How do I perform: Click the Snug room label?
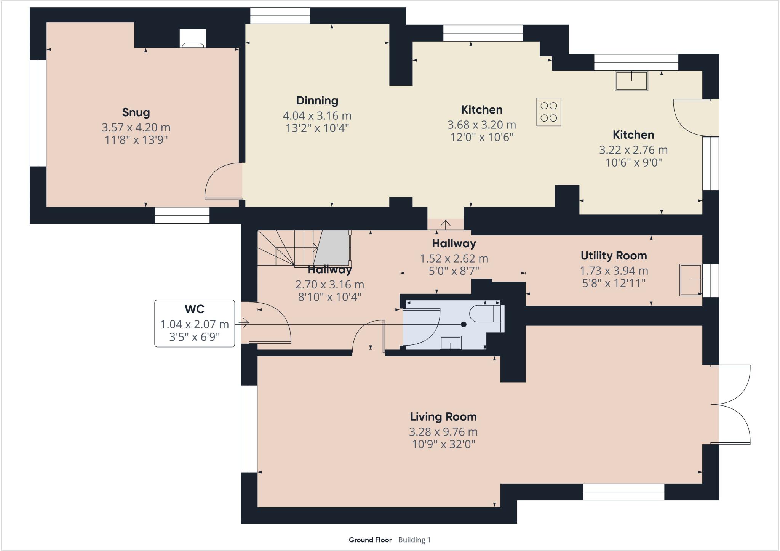click(x=136, y=112)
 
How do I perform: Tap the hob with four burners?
click(x=548, y=112)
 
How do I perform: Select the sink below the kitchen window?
click(x=631, y=81)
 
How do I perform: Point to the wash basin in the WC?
click(x=451, y=343)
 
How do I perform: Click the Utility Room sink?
click(x=690, y=280)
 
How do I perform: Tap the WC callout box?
click(x=194, y=323)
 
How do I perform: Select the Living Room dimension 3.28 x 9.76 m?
click(x=443, y=432)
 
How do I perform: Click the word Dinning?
click(x=317, y=101)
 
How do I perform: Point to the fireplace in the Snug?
click(x=193, y=39)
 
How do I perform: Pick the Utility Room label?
click(x=613, y=256)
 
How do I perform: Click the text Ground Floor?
click(x=370, y=540)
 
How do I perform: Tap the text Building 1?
click(x=414, y=540)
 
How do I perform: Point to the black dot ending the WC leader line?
click(x=464, y=324)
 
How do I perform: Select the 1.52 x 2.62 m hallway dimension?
click(x=454, y=259)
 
